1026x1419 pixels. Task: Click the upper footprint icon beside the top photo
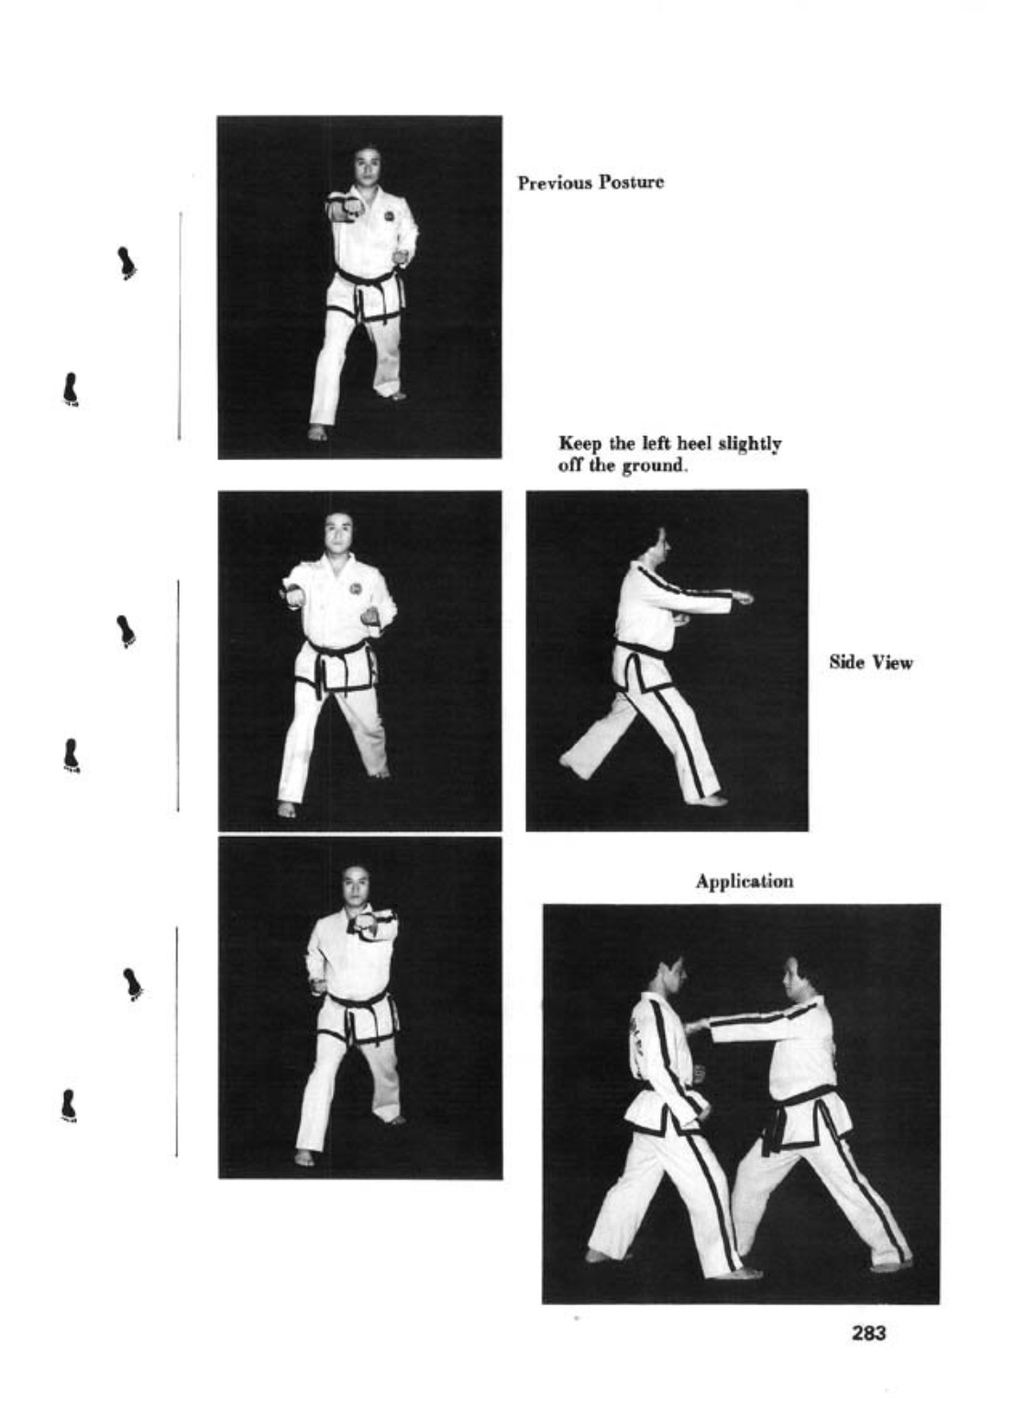click(x=127, y=263)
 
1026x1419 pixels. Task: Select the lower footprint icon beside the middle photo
click(x=71, y=755)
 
